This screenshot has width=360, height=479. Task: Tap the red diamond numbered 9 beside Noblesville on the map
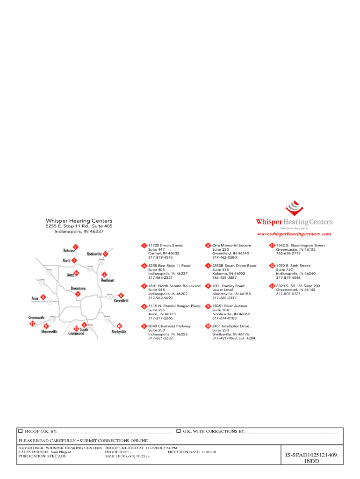coord(106,254)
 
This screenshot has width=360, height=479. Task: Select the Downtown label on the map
coord(78,289)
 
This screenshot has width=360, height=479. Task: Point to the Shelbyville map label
coord(119,332)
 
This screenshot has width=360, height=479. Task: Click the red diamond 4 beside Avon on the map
coord(43,297)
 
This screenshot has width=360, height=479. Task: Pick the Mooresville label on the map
coord(49,332)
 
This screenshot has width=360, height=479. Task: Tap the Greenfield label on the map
coord(121,301)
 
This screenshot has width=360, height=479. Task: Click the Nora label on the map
coord(70,275)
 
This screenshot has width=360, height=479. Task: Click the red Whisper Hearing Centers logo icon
coord(294,207)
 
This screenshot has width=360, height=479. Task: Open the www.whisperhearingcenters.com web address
coord(294,234)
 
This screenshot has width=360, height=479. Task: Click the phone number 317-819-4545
coord(160,257)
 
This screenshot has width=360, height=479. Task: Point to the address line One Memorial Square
coord(231,245)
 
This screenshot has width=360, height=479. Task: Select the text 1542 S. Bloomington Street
coord(300,245)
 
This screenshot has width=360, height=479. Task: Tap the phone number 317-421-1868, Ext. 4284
coord(233,338)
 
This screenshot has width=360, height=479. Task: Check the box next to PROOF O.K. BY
coord(20,430)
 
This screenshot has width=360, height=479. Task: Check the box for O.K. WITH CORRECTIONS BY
coord(179,430)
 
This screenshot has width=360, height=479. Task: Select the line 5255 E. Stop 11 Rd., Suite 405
coord(79,226)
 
